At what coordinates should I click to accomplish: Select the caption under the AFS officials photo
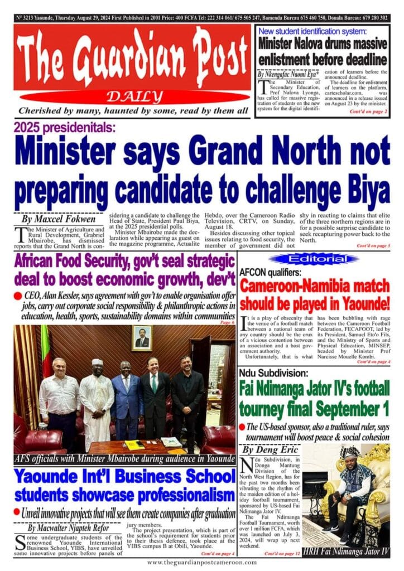(124, 459)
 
